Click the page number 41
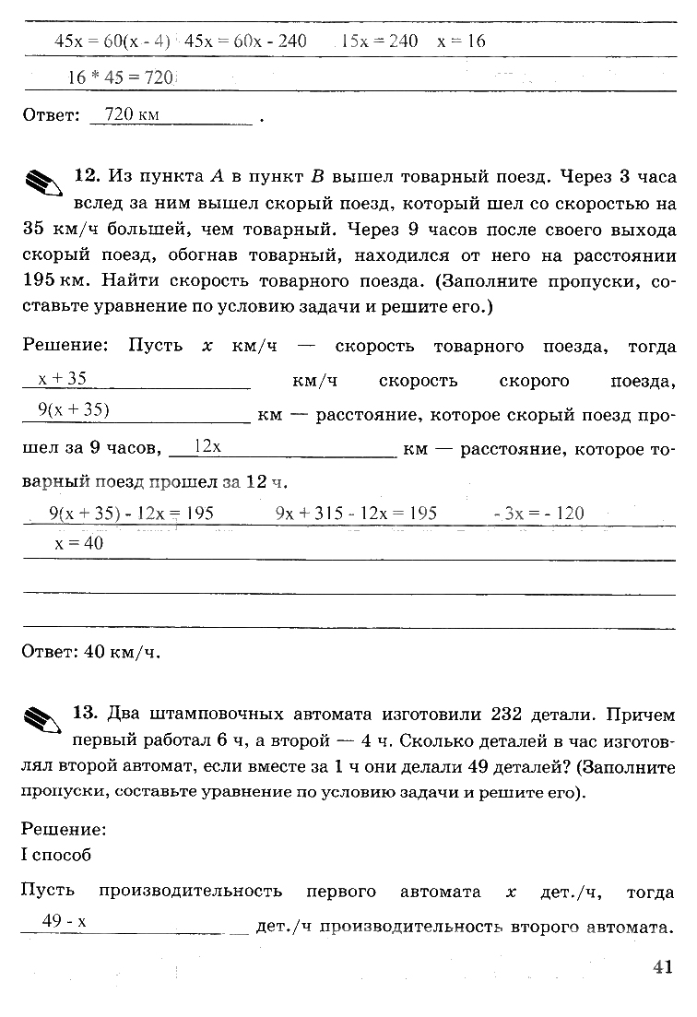coord(662,967)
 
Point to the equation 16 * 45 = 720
coord(121,78)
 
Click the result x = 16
coord(461,41)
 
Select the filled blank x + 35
coord(62,378)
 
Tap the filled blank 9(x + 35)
coord(74,411)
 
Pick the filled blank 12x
coord(208,446)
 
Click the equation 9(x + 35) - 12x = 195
coord(130,514)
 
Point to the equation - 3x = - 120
coord(538,514)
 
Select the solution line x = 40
coord(79,544)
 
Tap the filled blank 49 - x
coord(64,921)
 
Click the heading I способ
coord(56,855)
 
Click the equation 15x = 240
coord(379,41)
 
